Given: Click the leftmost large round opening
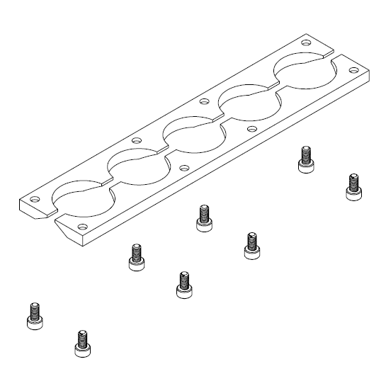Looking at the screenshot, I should (81, 196).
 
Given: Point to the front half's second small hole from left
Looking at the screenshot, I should (184, 169).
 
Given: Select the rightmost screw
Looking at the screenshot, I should (351, 186).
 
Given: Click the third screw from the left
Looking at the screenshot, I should (135, 256).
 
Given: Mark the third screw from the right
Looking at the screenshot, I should (250, 245).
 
